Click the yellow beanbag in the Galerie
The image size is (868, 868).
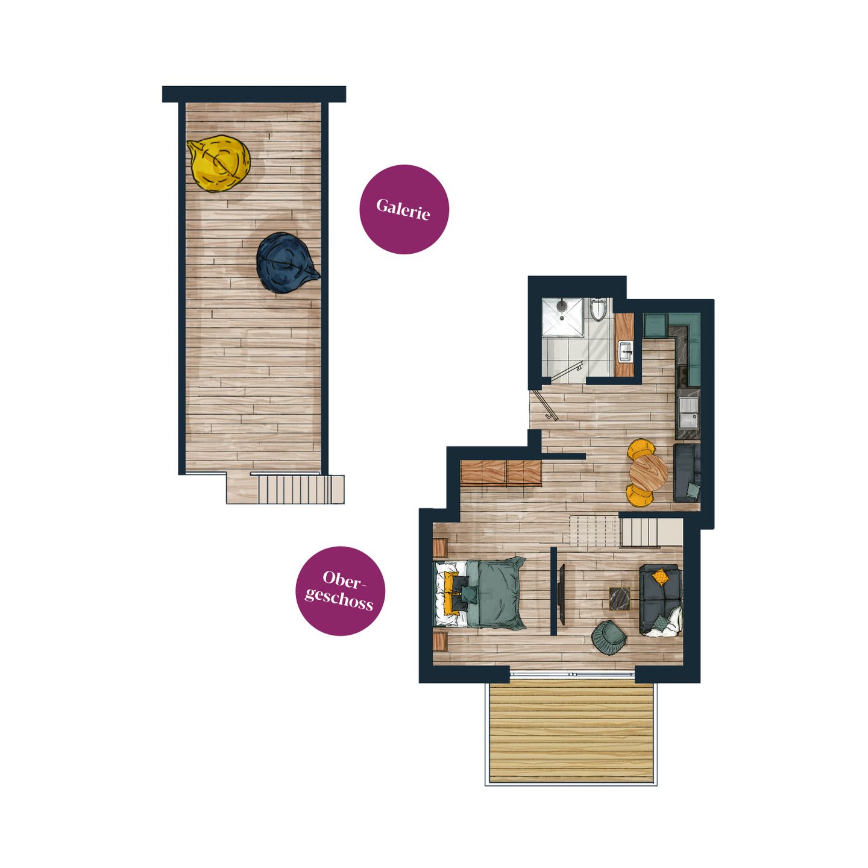click(219, 163)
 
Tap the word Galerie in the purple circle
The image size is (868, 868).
click(403, 209)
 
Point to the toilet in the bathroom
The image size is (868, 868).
click(599, 309)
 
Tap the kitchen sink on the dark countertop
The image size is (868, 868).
click(689, 414)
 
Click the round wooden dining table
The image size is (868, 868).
click(648, 473)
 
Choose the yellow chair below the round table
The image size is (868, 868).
click(640, 495)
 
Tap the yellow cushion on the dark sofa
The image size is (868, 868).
click(661, 577)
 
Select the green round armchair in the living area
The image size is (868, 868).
click(609, 637)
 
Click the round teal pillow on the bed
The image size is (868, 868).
click(470, 594)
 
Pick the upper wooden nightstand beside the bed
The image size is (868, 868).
click(440, 548)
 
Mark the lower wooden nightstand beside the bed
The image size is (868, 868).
click(440, 641)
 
